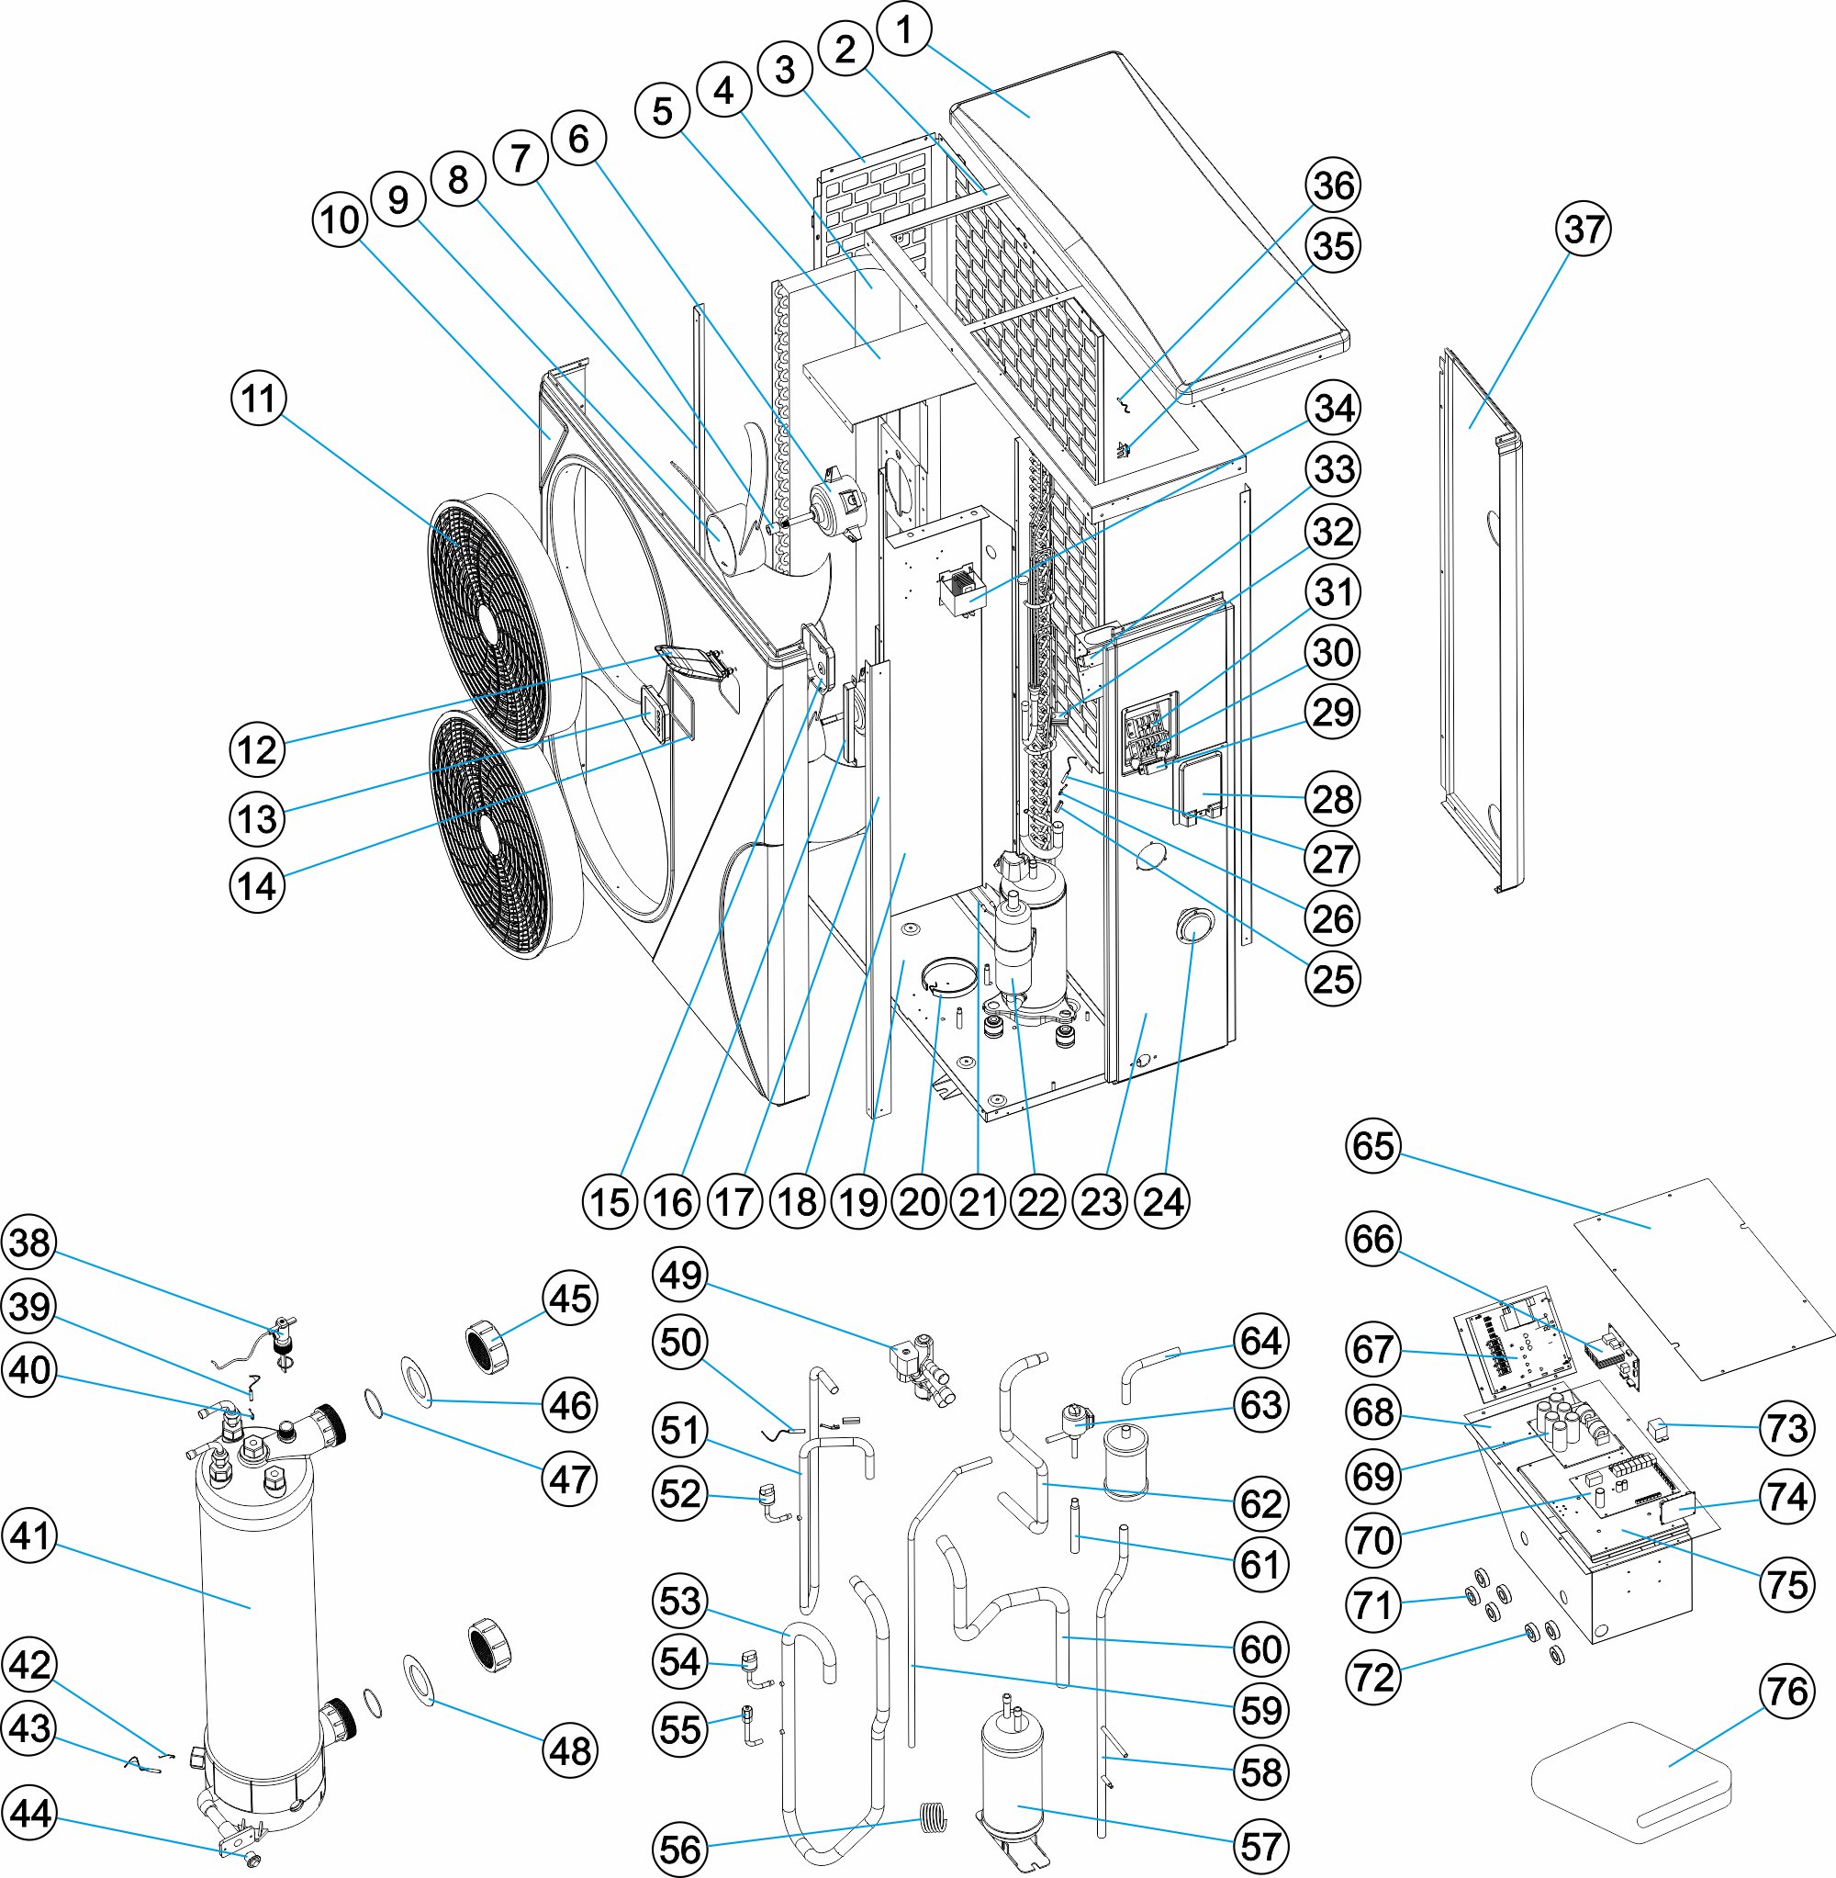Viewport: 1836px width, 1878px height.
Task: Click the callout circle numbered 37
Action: (1584, 229)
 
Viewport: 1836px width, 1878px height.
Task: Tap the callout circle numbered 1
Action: (903, 30)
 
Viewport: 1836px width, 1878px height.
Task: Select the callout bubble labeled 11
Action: (259, 398)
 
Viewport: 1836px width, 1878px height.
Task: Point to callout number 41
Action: (31, 1535)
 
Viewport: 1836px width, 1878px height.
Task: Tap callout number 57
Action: (1261, 1845)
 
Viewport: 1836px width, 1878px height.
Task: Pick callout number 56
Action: (681, 1849)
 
